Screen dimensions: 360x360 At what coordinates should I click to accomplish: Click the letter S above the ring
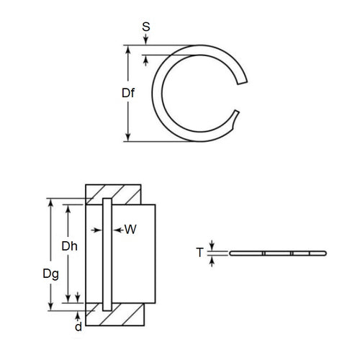[147, 28]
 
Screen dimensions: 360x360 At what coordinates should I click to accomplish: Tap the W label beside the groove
[130, 230]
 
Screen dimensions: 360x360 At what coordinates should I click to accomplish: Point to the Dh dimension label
[69, 246]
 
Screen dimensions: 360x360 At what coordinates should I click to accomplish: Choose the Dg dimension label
[50, 274]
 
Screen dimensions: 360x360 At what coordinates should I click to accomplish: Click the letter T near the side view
[201, 253]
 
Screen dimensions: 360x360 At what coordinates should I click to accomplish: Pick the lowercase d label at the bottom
[78, 326]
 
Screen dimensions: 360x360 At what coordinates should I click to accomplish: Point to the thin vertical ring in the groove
[107, 252]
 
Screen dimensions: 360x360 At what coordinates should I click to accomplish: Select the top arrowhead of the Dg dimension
[51, 202]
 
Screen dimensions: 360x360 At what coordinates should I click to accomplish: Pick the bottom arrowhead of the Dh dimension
[69, 297]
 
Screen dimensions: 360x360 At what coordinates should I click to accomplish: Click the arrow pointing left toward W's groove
[116, 230]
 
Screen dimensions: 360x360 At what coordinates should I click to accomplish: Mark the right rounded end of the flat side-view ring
[325, 253]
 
